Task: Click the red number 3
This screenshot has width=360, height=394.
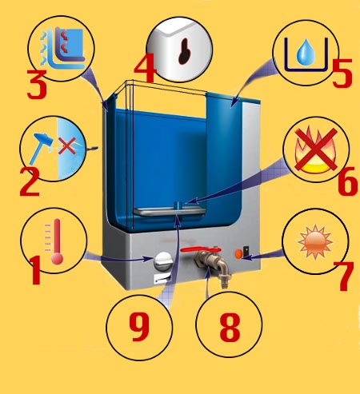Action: tap(37, 84)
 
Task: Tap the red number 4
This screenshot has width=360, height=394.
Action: tap(144, 67)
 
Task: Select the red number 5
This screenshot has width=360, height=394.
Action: tap(342, 73)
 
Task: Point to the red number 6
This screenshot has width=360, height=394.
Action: tap(347, 181)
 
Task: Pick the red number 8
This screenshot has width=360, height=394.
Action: tap(230, 327)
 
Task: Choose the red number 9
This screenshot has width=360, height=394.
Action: tap(139, 327)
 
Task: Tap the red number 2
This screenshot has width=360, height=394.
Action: tap(30, 182)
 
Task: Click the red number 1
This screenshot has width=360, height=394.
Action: tap(36, 270)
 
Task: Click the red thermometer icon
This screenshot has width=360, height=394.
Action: tap(57, 242)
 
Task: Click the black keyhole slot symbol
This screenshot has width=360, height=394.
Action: tap(185, 52)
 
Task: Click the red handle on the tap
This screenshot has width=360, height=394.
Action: tap(201, 249)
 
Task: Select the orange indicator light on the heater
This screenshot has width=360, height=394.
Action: tap(238, 253)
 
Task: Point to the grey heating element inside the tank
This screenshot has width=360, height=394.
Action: tap(170, 212)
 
